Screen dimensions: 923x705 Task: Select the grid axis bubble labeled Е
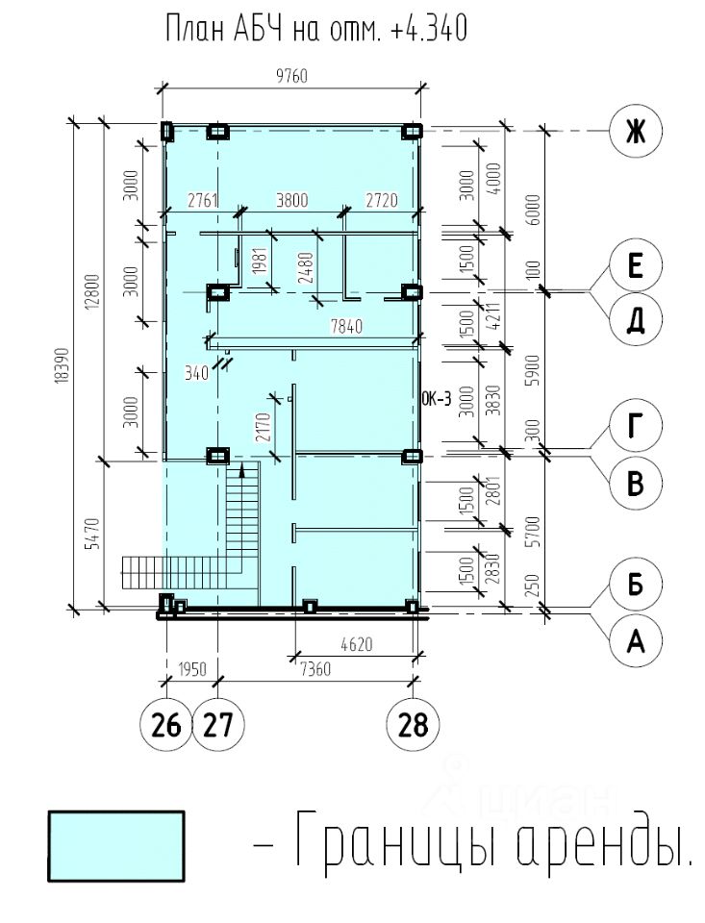(636, 266)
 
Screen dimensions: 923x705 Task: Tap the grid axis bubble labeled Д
(636, 319)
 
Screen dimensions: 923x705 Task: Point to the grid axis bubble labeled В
(636, 481)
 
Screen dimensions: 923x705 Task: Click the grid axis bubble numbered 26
(166, 723)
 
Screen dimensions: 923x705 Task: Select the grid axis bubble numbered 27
(219, 723)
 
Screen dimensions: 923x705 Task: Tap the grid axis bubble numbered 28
(413, 723)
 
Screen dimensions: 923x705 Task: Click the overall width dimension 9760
(291, 77)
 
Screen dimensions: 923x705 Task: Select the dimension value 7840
(347, 328)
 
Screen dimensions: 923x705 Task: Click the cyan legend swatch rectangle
(115, 846)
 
